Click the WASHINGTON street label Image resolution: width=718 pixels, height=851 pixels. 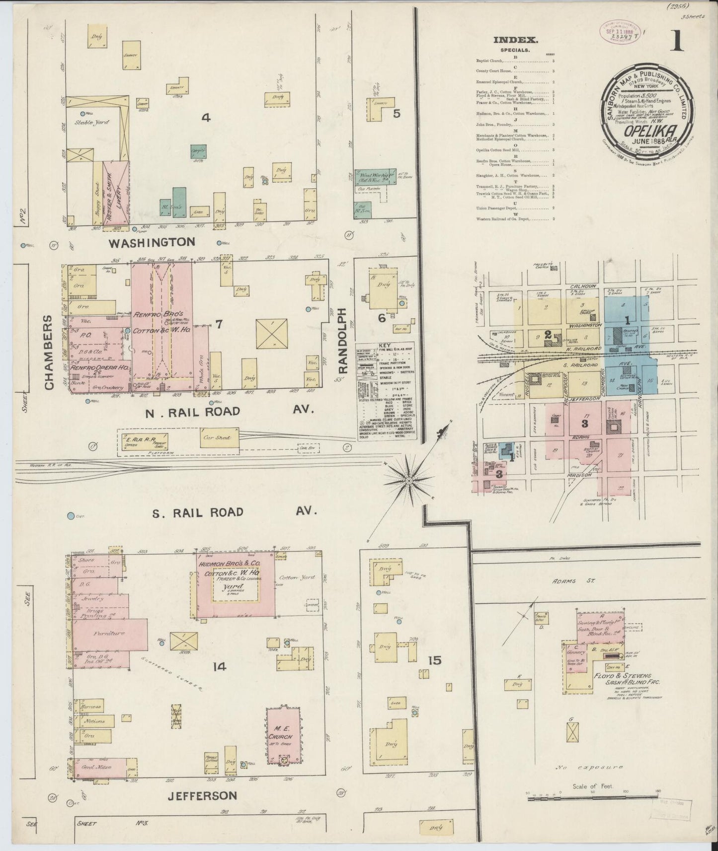click(x=152, y=242)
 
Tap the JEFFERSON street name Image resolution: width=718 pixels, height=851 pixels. click(x=202, y=795)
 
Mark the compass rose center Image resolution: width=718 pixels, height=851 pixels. click(x=408, y=481)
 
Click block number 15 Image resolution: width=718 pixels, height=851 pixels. click(x=434, y=660)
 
